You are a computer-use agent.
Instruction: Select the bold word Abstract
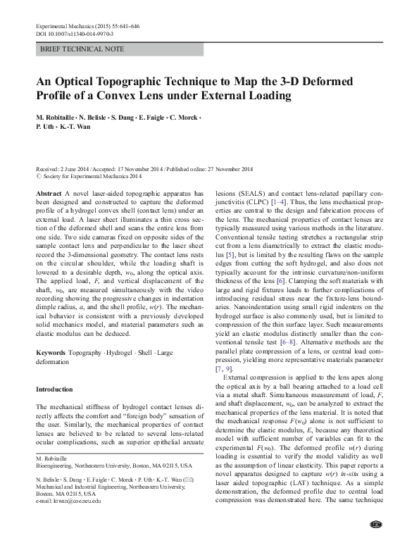point(48,192)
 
